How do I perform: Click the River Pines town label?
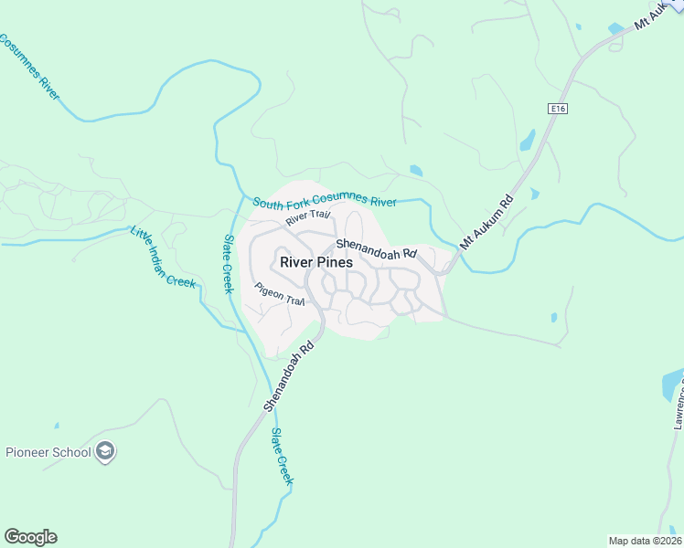[316, 261]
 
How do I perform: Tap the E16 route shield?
[557, 109]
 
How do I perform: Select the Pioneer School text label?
[48, 452]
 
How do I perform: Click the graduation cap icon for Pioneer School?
[106, 451]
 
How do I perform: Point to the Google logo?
[30, 537]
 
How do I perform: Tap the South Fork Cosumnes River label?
[325, 202]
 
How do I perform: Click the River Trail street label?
[306, 217]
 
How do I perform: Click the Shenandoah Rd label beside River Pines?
[376, 248]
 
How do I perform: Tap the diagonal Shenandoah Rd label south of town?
[290, 374]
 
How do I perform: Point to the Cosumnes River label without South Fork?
[32, 68]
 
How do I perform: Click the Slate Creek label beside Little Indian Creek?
[229, 264]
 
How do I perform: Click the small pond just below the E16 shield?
[528, 140]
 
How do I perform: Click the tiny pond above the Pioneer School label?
[57, 426]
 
